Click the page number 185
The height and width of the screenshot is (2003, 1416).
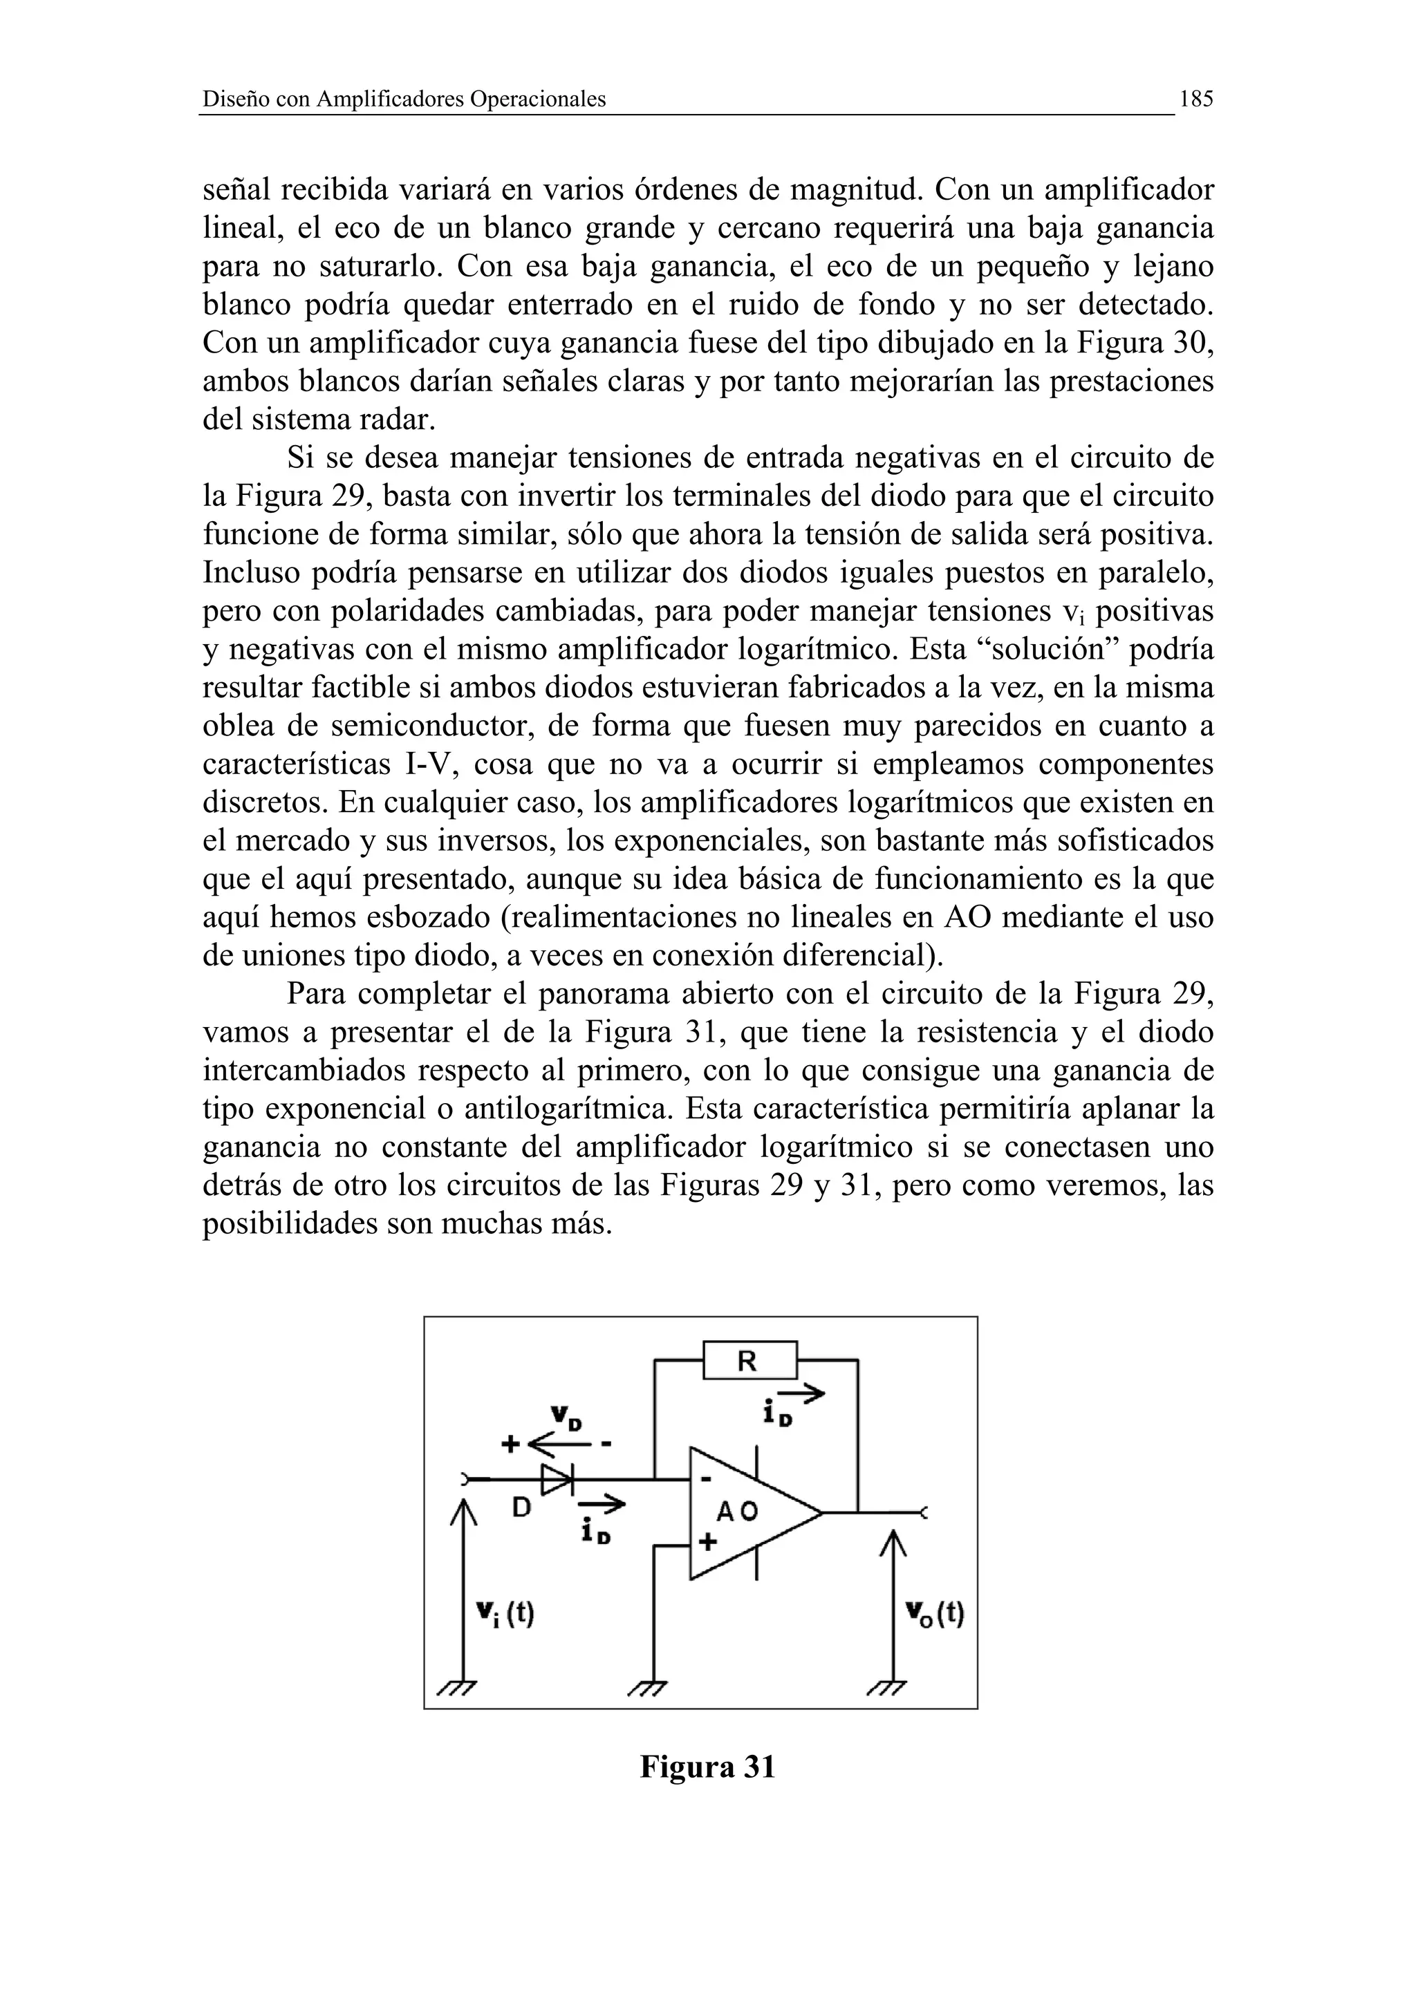pos(1195,100)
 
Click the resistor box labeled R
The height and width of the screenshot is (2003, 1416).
pos(749,1360)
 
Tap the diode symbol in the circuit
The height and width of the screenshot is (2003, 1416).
pos(556,1478)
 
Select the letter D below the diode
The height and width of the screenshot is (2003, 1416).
pos(521,1507)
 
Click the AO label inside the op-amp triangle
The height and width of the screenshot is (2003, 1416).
pos(737,1511)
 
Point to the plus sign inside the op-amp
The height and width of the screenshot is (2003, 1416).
pos(707,1541)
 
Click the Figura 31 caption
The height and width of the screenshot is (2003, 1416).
pos(707,1767)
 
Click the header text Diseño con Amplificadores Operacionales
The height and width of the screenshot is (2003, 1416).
pos(404,100)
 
